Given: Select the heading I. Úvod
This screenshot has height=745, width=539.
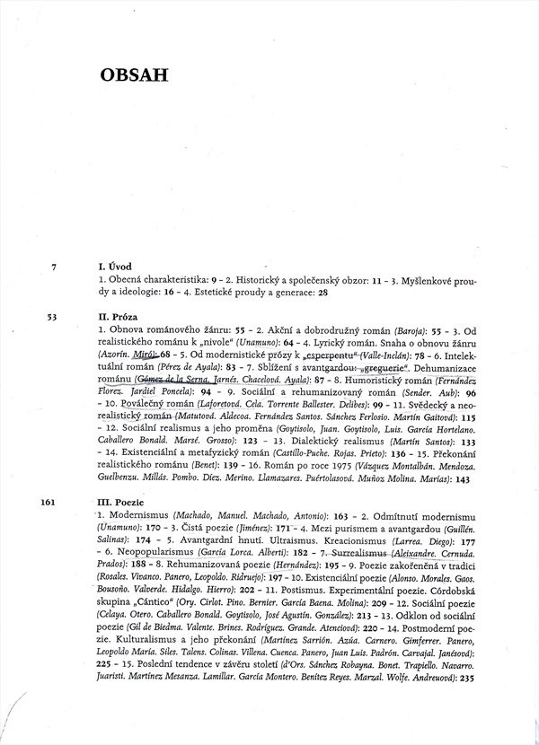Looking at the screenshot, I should pyautogui.click(x=116, y=267).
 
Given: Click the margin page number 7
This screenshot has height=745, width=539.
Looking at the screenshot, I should pyautogui.click(x=56, y=267).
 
